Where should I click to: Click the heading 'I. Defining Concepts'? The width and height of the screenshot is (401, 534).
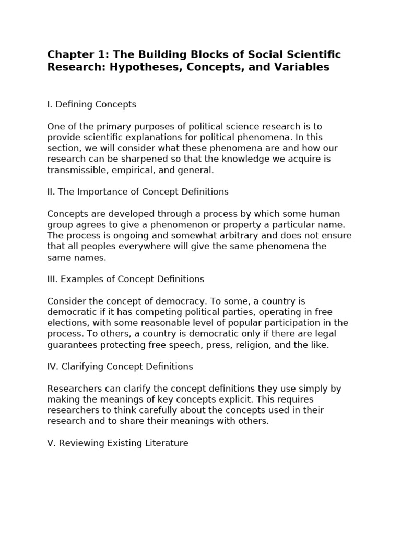[x=91, y=104]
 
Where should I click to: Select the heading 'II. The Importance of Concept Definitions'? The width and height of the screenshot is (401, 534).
[x=138, y=192]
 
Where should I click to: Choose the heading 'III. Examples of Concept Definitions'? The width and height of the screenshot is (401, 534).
[x=125, y=280]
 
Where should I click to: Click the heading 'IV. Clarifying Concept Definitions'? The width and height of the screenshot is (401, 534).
[x=120, y=367]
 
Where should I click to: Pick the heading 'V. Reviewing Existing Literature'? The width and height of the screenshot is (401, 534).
[x=117, y=443]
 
